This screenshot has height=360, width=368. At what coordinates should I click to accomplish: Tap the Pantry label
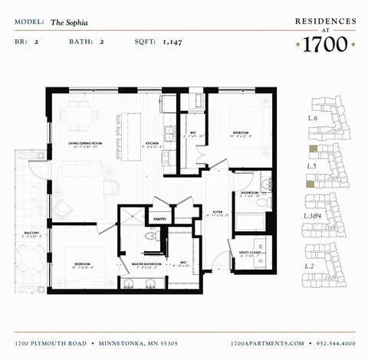point(159,219)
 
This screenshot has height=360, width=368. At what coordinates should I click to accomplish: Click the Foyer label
point(218,212)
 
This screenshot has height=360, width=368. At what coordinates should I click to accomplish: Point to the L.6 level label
point(313,119)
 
